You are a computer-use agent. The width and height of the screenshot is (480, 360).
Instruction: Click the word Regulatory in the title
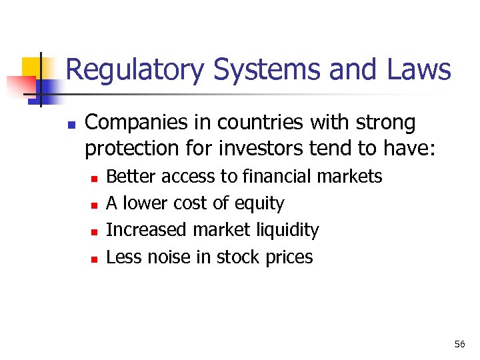(133, 70)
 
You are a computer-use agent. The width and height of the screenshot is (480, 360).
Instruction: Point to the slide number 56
(459, 344)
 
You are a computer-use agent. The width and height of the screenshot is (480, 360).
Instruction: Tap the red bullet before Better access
(95, 178)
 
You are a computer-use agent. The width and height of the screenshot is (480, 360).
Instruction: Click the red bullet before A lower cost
(95, 205)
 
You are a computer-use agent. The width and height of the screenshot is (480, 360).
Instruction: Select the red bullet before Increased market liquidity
(95, 231)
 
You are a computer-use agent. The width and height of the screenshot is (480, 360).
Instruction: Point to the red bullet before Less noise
(95, 258)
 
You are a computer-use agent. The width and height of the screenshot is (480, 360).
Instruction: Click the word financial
(276, 177)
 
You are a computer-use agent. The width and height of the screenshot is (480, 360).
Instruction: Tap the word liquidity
(288, 230)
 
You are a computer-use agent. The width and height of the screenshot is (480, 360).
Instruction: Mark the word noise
(171, 257)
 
